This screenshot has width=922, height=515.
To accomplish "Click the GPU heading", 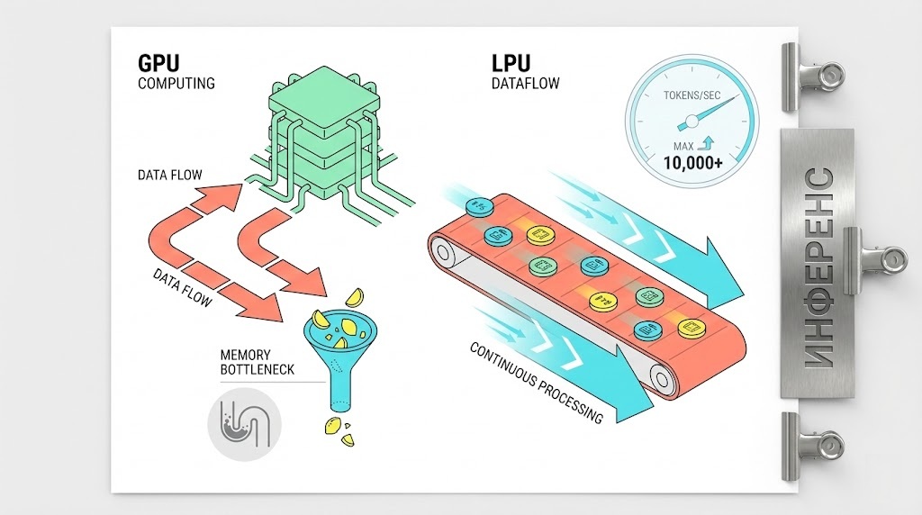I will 158,64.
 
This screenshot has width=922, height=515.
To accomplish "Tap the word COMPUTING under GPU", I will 176,84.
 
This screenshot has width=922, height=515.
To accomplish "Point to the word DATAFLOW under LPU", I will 526,84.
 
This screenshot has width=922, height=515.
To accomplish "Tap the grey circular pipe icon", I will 243,420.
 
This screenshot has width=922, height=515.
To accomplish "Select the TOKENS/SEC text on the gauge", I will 691,95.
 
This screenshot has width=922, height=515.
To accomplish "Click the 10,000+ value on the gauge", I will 691,163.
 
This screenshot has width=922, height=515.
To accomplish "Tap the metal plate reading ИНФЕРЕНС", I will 817,263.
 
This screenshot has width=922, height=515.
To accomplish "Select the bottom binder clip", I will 815,443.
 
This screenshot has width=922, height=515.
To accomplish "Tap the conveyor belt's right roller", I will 662,381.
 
